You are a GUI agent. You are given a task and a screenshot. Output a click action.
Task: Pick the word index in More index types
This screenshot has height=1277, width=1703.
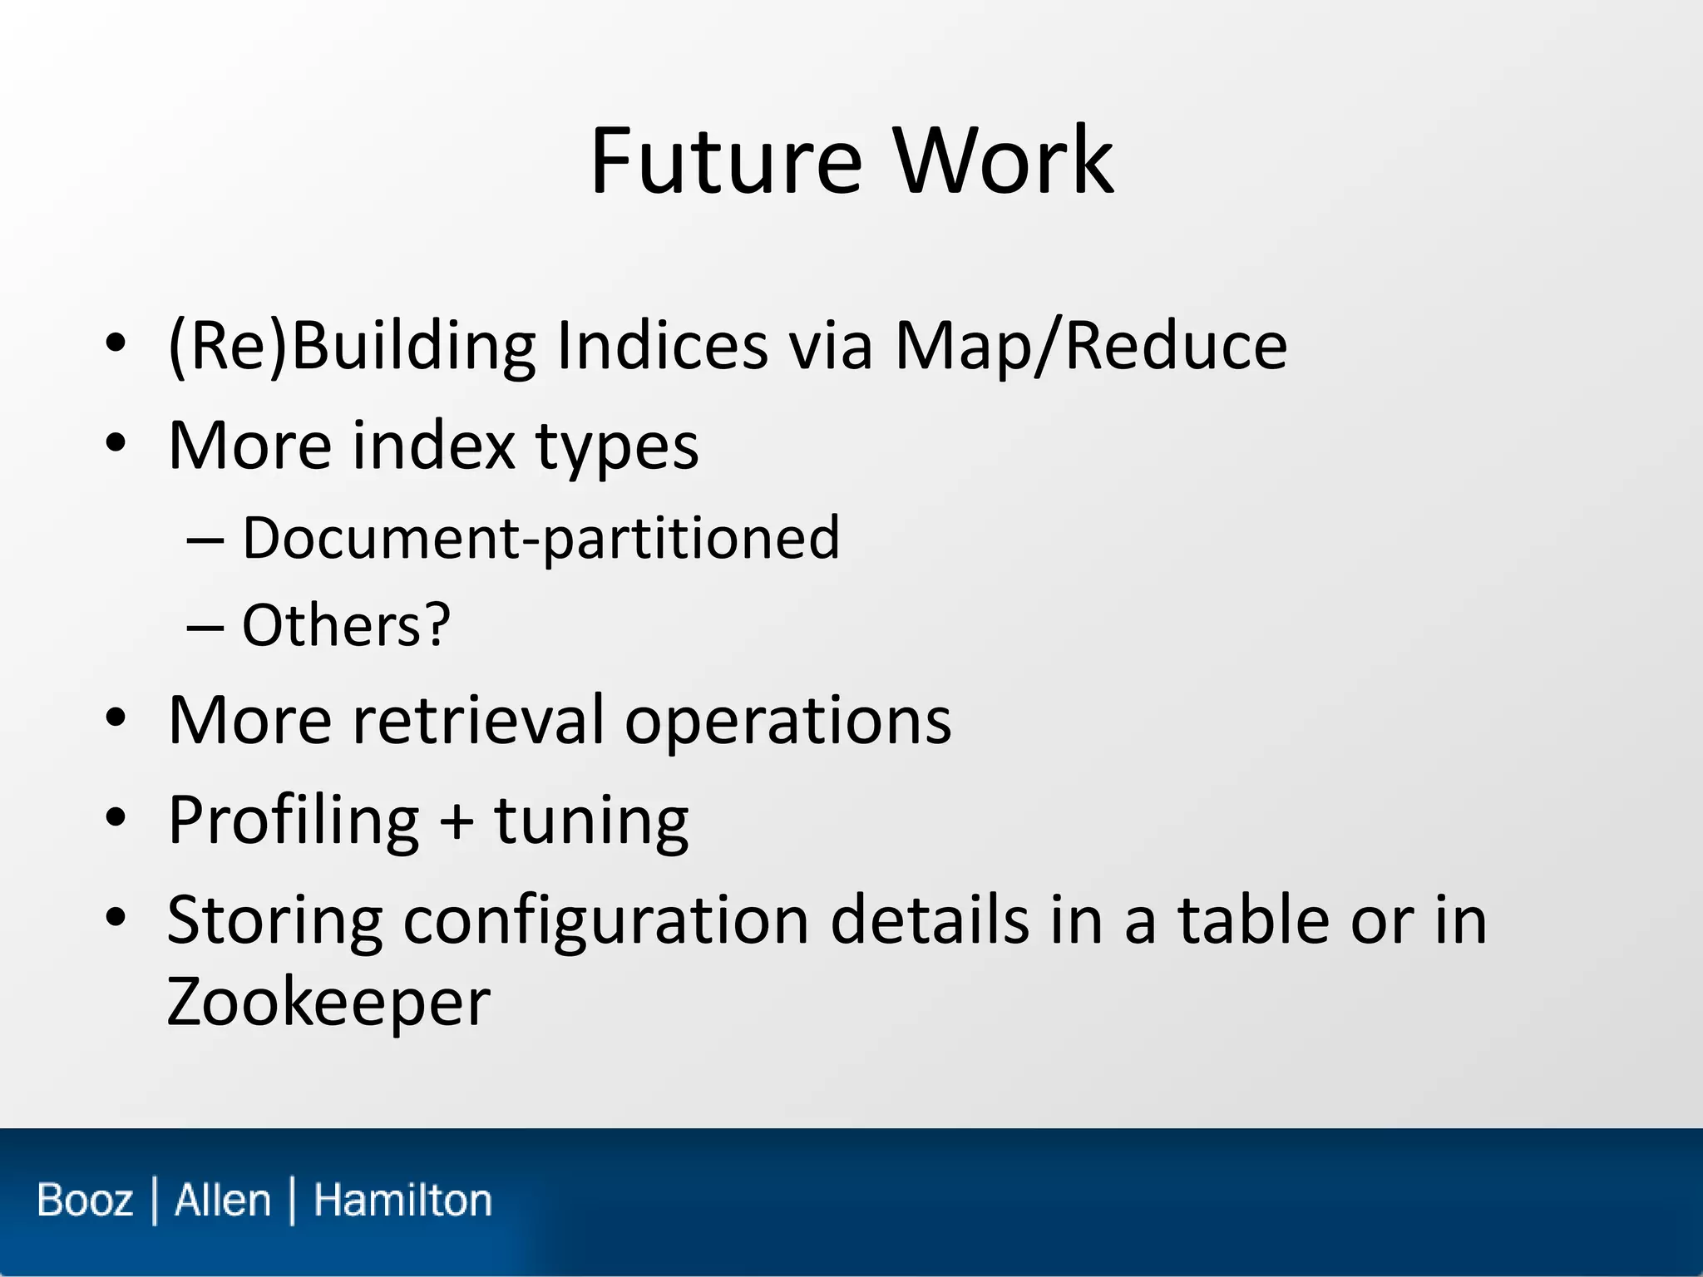433,446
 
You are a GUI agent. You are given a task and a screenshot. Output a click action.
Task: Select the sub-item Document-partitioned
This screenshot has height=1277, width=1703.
541,539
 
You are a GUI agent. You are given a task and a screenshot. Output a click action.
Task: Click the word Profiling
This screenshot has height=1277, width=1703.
294,821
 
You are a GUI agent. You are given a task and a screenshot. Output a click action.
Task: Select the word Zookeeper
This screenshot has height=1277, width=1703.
328,1003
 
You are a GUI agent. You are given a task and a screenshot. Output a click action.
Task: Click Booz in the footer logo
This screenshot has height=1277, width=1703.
85,1201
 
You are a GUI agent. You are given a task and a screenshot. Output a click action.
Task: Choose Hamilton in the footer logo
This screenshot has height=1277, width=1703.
402,1201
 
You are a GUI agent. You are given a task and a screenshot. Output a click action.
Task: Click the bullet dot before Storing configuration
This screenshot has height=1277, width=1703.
116,918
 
